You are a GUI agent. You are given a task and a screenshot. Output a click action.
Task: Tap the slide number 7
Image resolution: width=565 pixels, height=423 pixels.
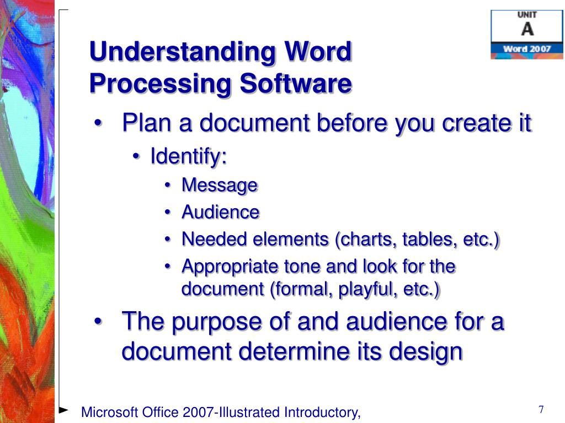[541, 410]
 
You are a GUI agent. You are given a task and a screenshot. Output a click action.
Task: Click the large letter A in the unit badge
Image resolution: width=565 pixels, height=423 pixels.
[527, 29]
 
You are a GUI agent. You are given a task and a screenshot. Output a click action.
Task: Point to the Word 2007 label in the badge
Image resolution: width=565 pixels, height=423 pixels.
[527, 49]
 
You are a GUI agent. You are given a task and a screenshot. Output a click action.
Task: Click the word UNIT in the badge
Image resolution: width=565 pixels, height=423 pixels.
[527, 15]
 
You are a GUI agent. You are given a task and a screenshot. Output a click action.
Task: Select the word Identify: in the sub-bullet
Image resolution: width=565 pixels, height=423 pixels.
[189, 156]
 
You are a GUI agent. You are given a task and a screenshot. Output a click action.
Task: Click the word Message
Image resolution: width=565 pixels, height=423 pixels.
[220, 185]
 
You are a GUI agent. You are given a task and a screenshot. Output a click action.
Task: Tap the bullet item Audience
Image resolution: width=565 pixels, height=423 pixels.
[221, 212]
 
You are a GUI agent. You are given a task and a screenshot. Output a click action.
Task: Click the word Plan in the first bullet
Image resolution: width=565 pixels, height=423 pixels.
[146, 123]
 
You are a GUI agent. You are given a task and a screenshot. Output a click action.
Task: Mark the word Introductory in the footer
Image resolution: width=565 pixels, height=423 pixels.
[321, 412]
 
